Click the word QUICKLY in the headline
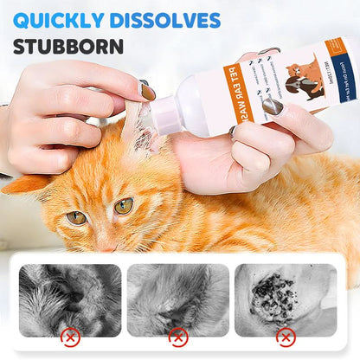tap(58, 19)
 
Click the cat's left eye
tap(76, 216)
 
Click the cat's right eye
tap(125, 206)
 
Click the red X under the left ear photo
tap(70, 336)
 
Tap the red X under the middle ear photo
tap(177, 336)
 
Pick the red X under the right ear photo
tap(286, 336)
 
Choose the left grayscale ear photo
tap(70, 299)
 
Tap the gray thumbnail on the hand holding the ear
tap(147, 91)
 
